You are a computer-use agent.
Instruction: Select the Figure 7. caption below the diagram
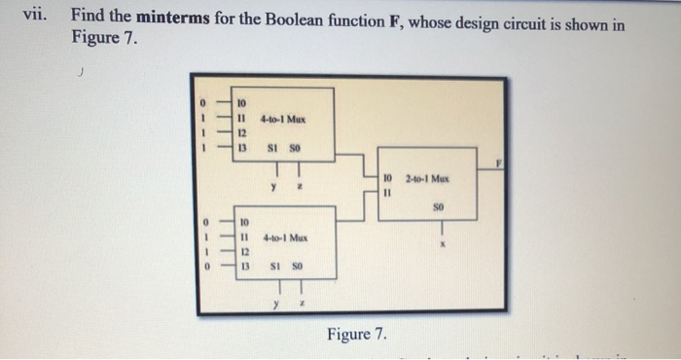point(356,335)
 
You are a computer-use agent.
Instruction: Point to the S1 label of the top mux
point(276,148)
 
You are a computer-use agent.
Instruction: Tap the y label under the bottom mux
point(276,303)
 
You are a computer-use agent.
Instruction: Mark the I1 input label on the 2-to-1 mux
point(387,192)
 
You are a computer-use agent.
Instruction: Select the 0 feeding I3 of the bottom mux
point(205,266)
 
